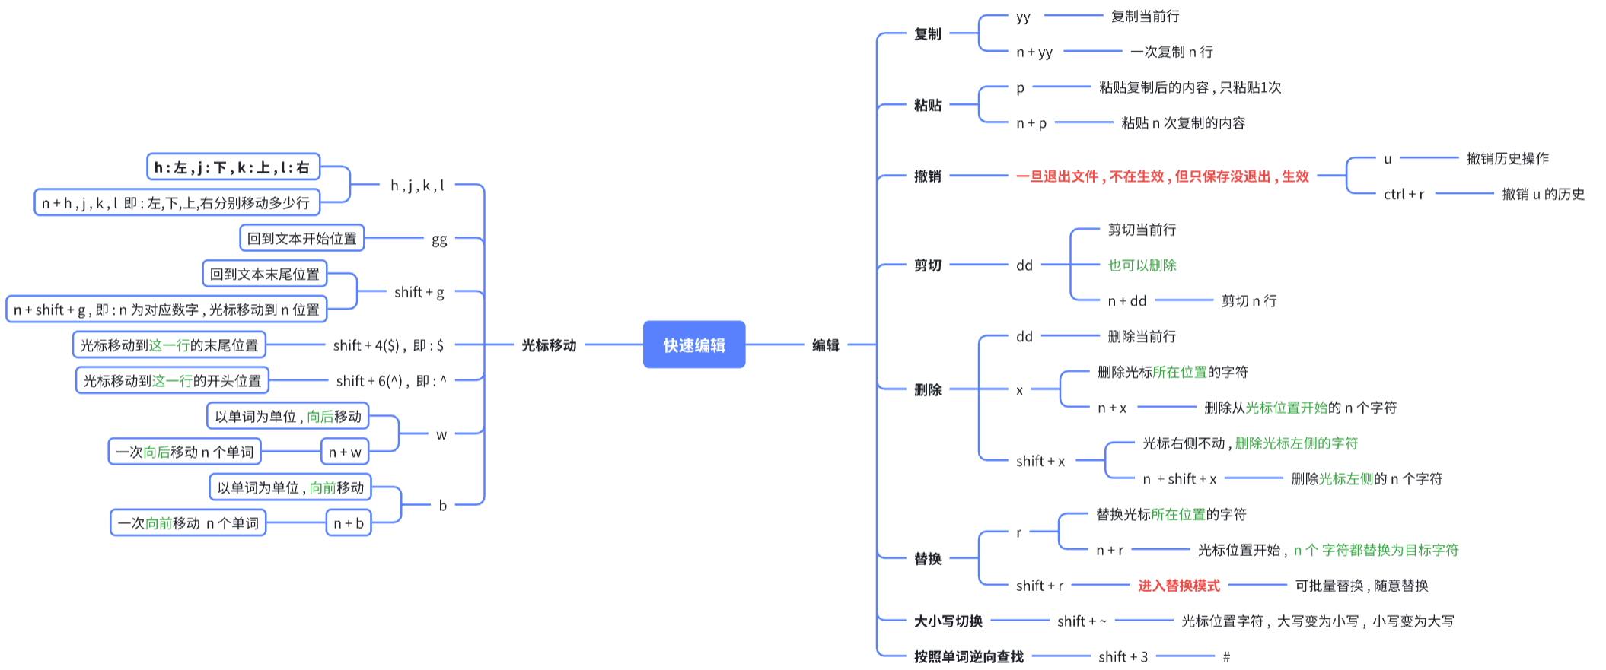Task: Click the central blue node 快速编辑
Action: [693, 345]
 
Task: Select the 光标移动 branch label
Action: [548, 345]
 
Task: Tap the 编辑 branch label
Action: [825, 345]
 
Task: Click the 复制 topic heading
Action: [927, 34]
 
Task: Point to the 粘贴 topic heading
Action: [927, 105]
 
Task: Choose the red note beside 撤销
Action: [1162, 176]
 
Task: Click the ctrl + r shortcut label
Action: [1404, 195]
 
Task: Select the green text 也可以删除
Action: [1142, 265]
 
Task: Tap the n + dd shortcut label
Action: [1126, 301]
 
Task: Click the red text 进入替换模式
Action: [1178, 586]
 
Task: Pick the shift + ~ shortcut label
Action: [1082, 621]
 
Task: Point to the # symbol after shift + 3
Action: [1225, 657]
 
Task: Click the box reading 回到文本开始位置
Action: [301, 238]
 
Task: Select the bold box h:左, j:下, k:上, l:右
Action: [232, 167]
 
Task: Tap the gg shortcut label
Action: [439, 240]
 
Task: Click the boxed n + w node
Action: [345, 452]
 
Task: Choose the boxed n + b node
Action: [349, 523]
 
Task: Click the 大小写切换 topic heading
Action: [948, 621]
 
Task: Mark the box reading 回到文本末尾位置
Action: [264, 274]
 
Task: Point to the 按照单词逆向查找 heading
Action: [968, 657]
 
